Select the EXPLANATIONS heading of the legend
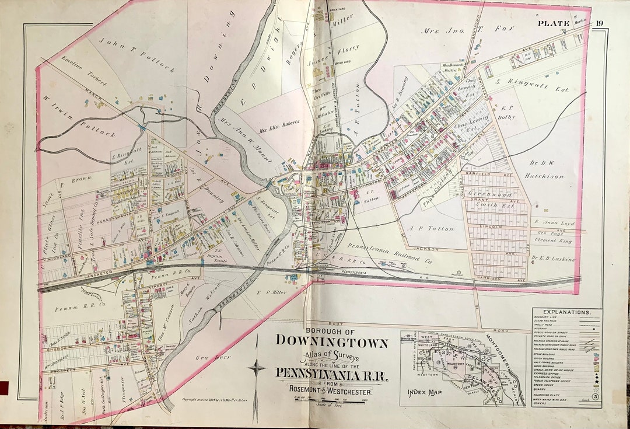click(567, 313)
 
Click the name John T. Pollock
click(138, 55)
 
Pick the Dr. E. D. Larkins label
click(553, 259)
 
